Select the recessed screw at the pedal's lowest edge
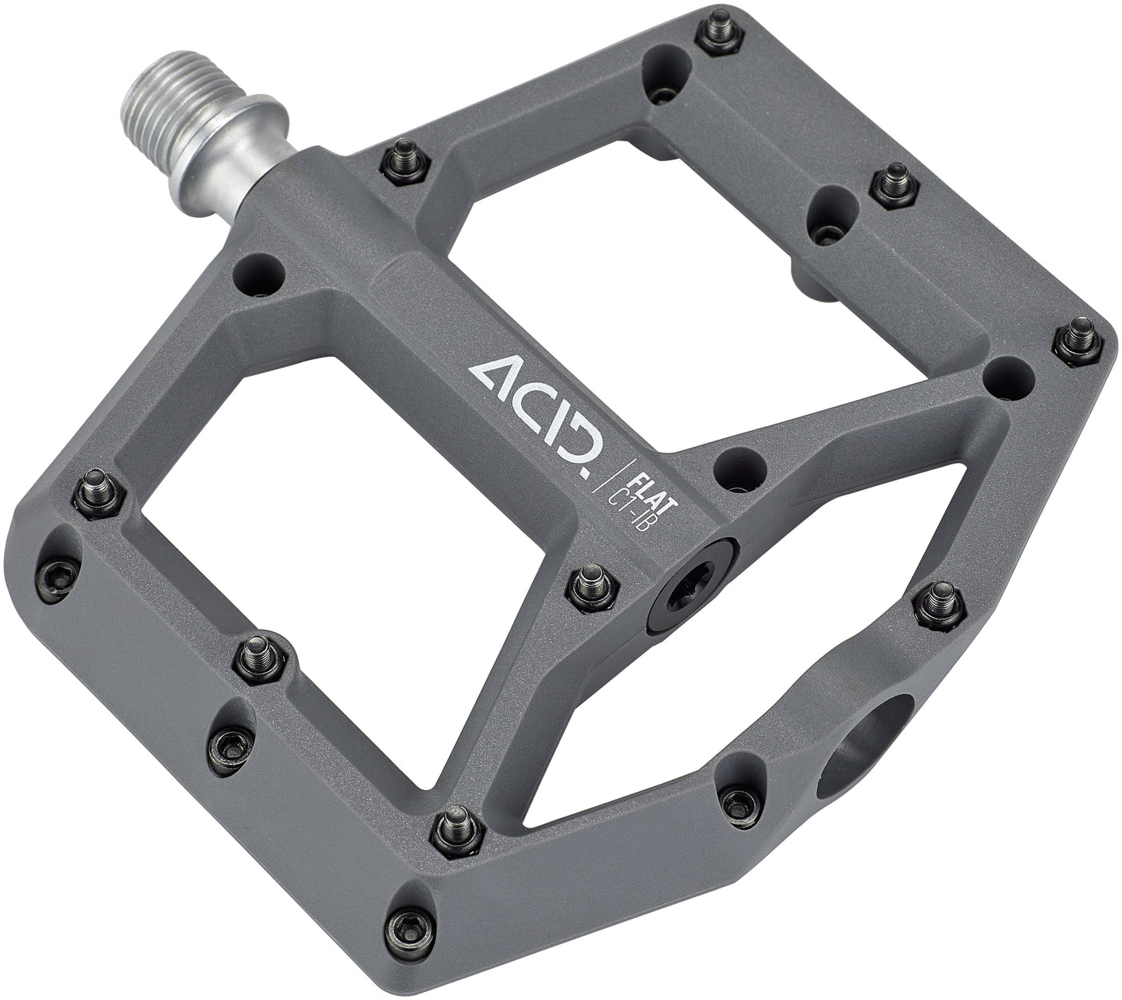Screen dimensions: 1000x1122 [x=411, y=922]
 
